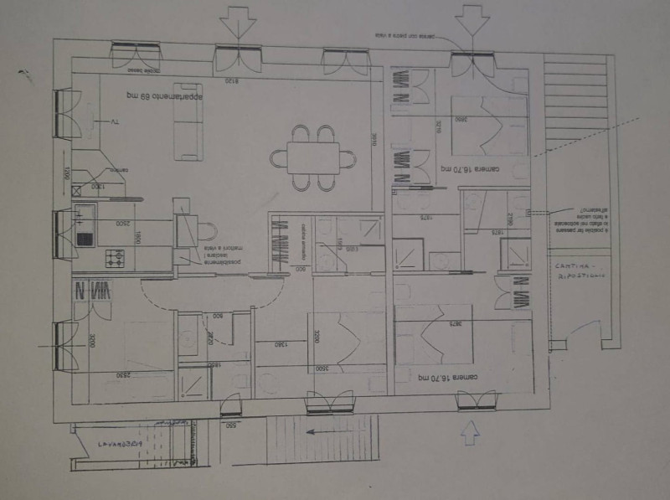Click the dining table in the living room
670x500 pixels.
pyautogui.click(x=313, y=157)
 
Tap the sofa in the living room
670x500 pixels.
pyautogui.click(x=188, y=122)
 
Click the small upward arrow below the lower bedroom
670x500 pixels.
pyautogui.click(x=471, y=433)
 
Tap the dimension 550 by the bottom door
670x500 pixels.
pyautogui.click(x=230, y=425)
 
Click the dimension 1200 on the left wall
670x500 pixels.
pyautogui.click(x=66, y=178)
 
